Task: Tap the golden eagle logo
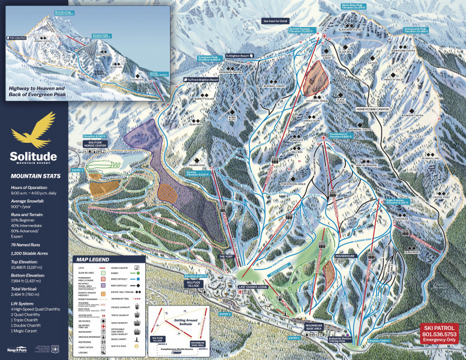tap(34, 130)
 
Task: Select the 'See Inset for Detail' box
tap(275, 21)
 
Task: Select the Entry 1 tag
tap(294, 338)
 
